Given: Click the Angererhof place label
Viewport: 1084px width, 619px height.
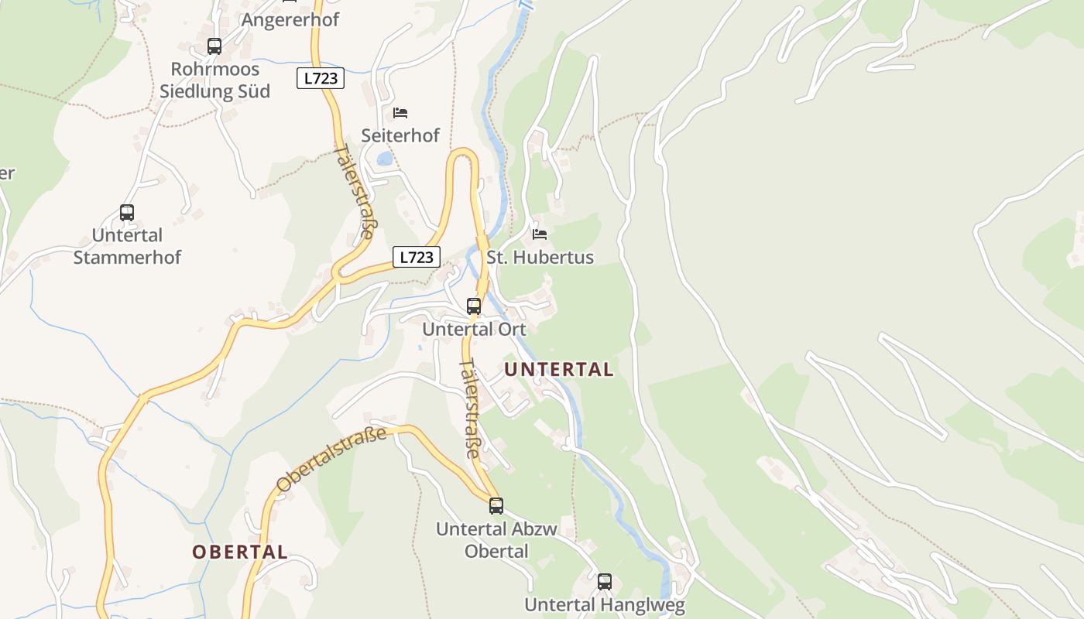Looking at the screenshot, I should pos(290,19).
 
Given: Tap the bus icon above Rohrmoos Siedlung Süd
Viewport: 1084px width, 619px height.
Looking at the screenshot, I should pos(214,46).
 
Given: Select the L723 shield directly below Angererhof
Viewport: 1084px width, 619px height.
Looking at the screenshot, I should pos(320,78).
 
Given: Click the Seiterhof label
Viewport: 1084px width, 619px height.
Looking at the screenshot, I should pos(400,135).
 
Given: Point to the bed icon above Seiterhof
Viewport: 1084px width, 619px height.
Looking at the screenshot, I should pos(400,113).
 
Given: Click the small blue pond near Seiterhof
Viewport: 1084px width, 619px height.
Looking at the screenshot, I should pos(385,159).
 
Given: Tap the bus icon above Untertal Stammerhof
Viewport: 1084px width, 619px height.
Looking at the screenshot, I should pos(127,213).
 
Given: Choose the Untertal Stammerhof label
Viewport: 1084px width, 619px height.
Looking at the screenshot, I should pos(127,246).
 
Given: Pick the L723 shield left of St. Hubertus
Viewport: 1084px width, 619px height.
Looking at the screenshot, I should pos(417,257).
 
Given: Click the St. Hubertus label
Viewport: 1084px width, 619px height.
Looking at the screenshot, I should pos(540,257).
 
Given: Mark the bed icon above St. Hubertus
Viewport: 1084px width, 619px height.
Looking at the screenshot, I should pos(540,234).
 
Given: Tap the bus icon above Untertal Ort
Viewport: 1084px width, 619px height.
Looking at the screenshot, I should pos(474,306).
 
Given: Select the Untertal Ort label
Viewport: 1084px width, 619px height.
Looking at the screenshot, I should pos(474,329).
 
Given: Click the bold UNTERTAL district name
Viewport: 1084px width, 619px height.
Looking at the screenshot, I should pos(559,370).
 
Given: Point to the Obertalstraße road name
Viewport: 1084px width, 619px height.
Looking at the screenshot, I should pos(331,460).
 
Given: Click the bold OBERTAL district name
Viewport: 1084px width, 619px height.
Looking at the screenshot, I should pos(240,552).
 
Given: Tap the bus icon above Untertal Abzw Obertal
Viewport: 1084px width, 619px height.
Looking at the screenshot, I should pos(496,506).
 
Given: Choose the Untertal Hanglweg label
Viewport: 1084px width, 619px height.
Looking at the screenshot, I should pos(605,604).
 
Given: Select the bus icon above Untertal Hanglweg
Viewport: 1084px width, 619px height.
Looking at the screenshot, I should pos(605,581).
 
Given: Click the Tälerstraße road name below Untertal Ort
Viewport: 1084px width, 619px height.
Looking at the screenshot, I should pos(470,409).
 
